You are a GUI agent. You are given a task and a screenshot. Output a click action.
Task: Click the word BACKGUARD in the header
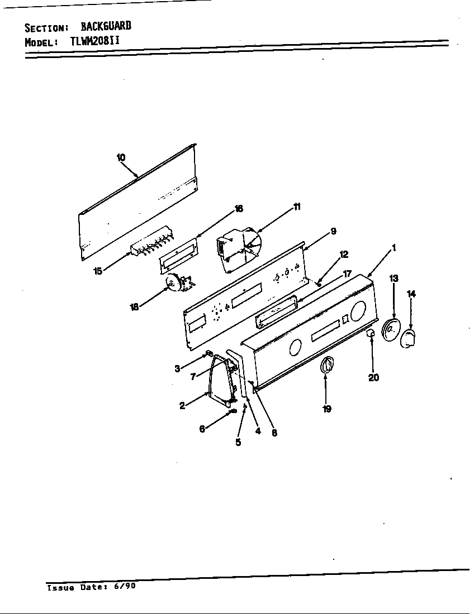pyautogui.click(x=106, y=26)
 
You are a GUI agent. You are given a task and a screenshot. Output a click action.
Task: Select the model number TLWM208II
pyautogui.click(x=95, y=41)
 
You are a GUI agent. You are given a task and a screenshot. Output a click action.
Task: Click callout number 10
pyautogui.click(x=121, y=157)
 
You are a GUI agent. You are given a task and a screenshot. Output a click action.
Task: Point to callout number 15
pyautogui.click(x=98, y=271)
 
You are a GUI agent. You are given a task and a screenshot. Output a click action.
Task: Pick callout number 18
pyautogui.click(x=135, y=307)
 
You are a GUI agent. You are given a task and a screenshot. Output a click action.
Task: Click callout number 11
pyautogui.click(x=297, y=207)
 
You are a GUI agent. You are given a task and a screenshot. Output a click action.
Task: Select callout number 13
pyautogui.click(x=394, y=278)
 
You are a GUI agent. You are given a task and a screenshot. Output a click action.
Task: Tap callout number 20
pyautogui.click(x=373, y=377)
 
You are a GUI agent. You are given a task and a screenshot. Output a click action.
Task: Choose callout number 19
pyautogui.click(x=327, y=409)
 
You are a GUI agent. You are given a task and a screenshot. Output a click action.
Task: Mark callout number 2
pyautogui.click(x=182, y=406)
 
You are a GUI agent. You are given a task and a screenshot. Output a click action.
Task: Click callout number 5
pyautogui.click(x=238, y=442)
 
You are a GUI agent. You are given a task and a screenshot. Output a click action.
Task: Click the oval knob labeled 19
pyautogui.click(x=327, y=365)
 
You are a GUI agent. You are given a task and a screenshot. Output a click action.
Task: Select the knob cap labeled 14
pyautogui.click(x=408, y=338)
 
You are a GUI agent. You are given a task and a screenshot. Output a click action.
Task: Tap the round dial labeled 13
pyautogui.click(x=390, y=329)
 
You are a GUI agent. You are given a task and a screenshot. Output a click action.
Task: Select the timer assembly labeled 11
pyautogui.click(x=238, y=250)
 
